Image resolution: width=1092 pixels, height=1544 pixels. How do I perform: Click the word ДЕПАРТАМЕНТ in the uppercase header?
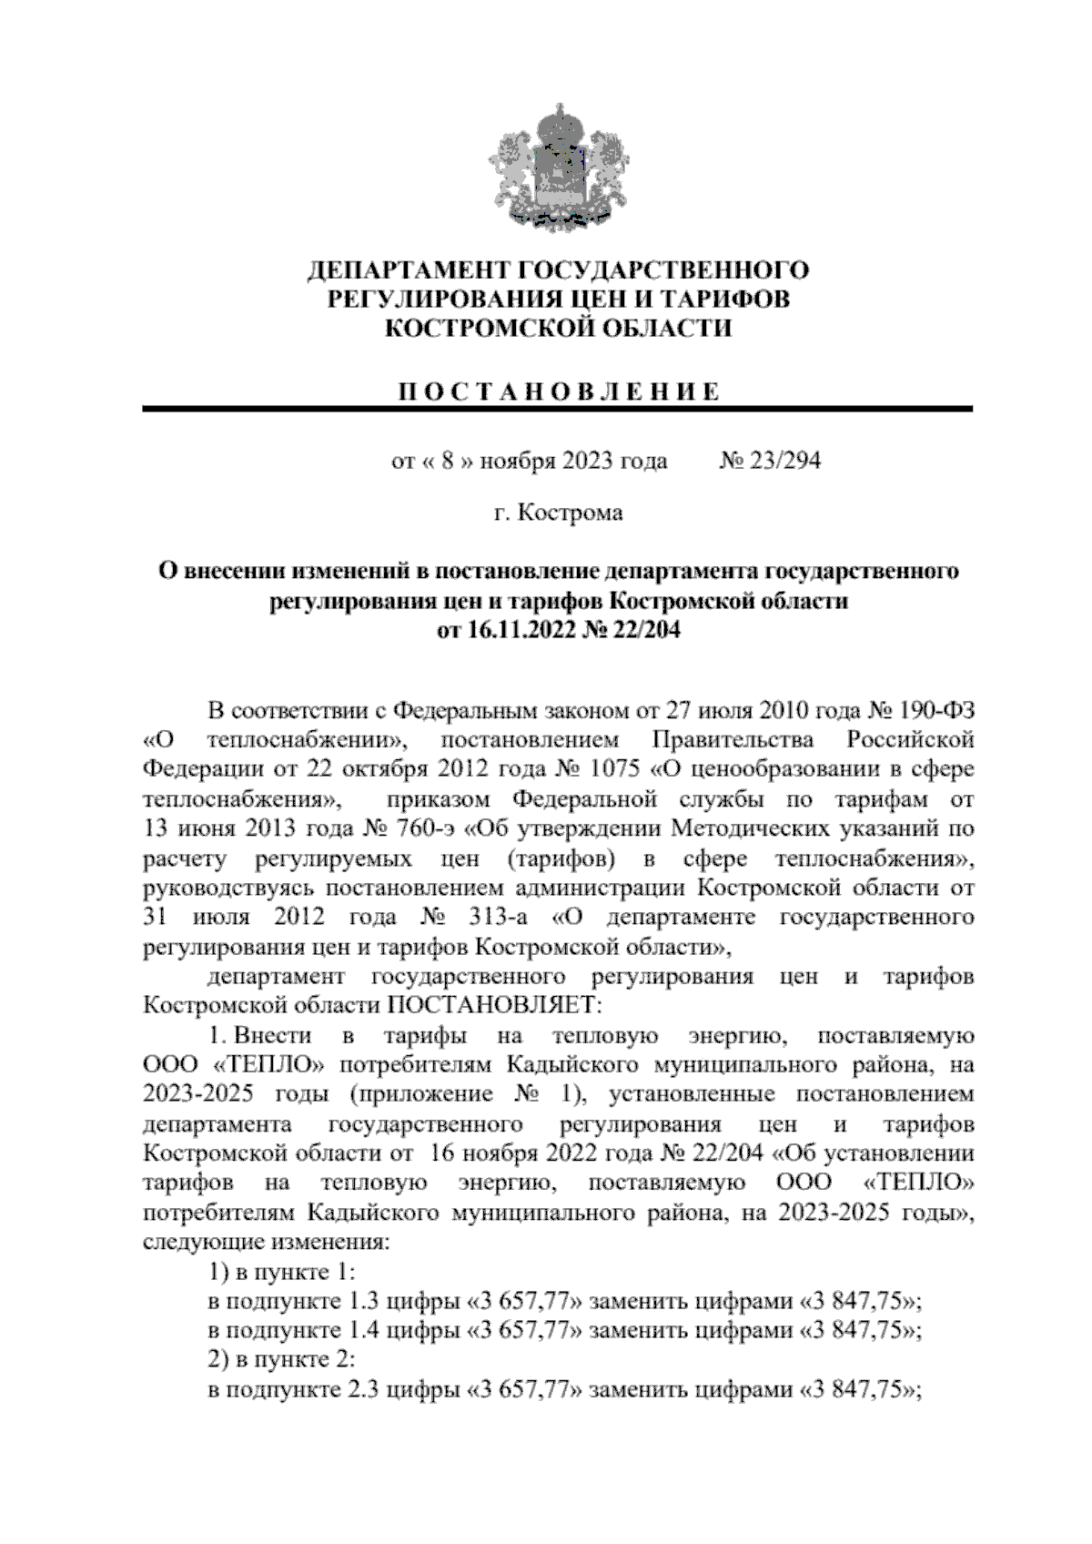coord(407,270)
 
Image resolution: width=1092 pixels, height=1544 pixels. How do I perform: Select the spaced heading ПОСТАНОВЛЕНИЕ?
coord(559,392)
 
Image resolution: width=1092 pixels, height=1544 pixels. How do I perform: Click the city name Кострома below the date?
coord(571,513)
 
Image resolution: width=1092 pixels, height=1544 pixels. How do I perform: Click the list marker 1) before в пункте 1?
coord(218,1271)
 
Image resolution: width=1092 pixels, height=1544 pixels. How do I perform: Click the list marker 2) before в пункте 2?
coord(218,1359)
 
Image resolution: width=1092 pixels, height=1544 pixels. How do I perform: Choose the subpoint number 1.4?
coord(365,1330)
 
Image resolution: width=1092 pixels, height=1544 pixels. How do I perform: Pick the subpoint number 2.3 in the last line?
coord(365,1389)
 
